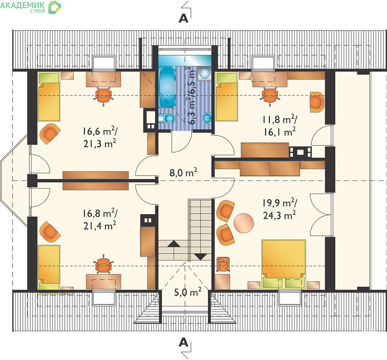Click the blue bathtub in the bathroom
[167, 87]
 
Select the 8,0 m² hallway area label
[183, 172]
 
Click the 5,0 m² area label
[188, 292]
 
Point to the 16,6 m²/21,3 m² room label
[100, 137]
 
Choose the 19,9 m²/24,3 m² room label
[279, 209]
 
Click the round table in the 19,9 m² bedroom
[243, 223]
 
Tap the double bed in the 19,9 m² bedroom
[283, 264]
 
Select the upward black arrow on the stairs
[174, 243]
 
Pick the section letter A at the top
[184, 18]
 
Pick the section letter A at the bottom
[184, 343]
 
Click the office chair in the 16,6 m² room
[103, 96]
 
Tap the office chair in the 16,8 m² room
[103, 265]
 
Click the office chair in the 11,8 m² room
[270, 96]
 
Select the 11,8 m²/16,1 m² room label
[279, 126]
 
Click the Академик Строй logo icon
[54, 7]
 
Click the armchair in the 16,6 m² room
[49, 134]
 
